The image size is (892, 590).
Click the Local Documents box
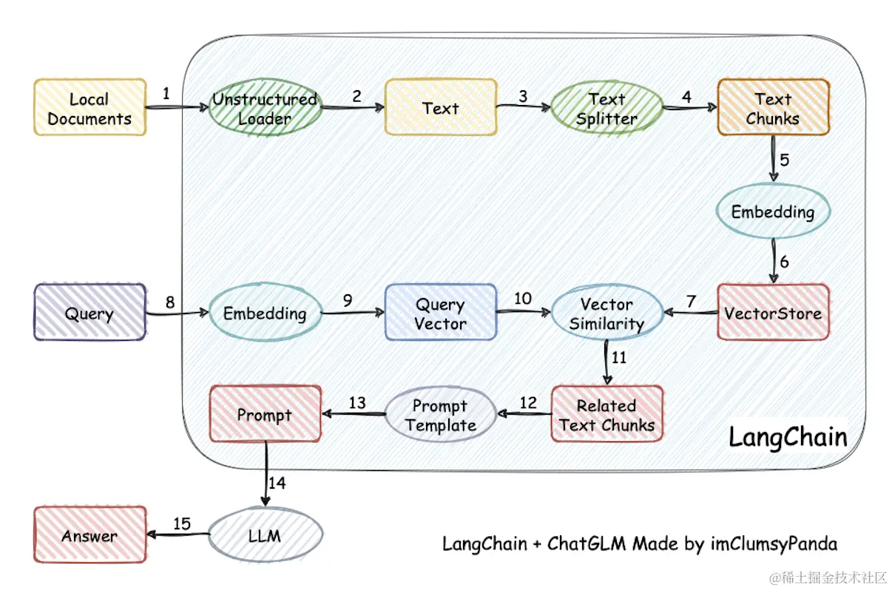[89, 108]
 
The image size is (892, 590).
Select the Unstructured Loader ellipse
[265, 108]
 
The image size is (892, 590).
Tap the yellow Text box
[440, 108]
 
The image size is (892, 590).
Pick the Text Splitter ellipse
[607, 108]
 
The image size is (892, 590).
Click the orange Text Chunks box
[773, 108]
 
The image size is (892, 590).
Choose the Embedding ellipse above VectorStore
[773, 211]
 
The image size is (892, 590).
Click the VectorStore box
[773, 313]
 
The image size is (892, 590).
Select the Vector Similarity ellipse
[607, 313]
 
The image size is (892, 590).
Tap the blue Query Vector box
[440, 313]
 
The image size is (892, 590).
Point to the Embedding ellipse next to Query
[265, 313]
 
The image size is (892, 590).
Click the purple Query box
[89, 313]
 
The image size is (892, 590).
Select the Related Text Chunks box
[607, 415]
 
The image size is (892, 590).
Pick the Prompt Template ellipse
[440, 415]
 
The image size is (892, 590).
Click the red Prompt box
[265, 415]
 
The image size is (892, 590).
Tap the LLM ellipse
[265, 535]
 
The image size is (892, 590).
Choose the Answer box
[89, 535]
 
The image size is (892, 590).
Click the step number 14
[277, 483]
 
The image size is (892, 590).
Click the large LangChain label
[788, 436]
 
